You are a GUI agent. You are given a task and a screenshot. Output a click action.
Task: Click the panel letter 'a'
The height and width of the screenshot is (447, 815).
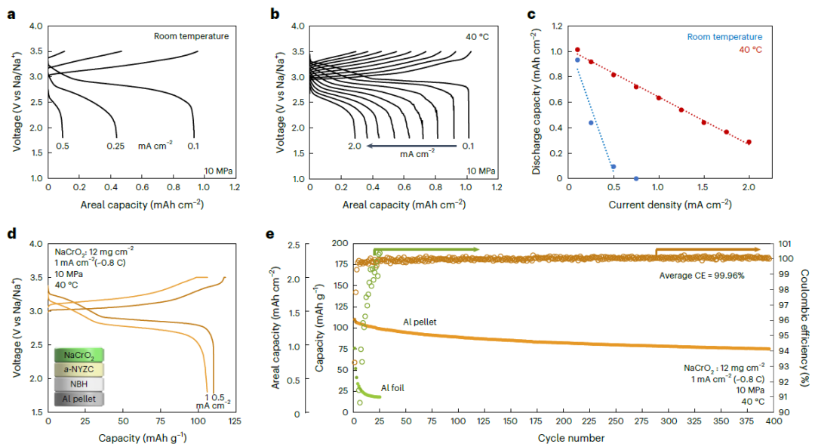(x=10, y=14)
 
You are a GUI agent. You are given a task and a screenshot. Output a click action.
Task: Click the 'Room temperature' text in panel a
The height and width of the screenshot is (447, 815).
(x=191, y=35)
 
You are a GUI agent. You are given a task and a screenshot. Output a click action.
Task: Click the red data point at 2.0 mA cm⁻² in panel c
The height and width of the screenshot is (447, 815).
(x=749, y=142)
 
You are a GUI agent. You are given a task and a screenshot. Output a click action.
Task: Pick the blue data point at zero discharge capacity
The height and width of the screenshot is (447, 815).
(x=636, y=179)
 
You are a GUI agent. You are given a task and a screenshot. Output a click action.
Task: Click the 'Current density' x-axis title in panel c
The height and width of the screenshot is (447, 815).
(x=660, y=204)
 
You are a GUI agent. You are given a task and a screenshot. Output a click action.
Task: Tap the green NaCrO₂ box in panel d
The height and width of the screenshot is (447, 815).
(x=79, y=355)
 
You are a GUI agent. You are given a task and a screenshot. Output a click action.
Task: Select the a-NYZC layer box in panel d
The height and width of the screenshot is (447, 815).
(x=79, y=369)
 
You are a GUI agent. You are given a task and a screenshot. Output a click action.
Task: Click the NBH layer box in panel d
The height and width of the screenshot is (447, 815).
(x=79, y=384)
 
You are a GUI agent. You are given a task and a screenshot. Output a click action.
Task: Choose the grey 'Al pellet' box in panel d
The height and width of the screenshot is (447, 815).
(x=79, y=398)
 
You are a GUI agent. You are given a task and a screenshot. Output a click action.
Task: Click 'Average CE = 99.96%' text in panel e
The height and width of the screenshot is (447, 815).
(x=703, y=276)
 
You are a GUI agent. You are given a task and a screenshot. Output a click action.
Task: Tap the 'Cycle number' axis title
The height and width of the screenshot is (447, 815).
(x=561, y=438)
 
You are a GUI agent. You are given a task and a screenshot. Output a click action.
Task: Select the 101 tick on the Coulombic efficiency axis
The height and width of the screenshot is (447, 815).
(x=785, y=244)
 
